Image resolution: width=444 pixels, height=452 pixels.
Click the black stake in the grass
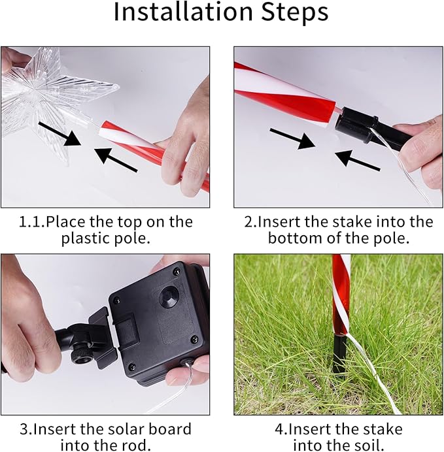[339, 355]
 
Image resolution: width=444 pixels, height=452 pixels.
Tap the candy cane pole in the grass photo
[341, 294]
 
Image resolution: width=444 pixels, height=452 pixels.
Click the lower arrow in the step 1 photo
[116, 161]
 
